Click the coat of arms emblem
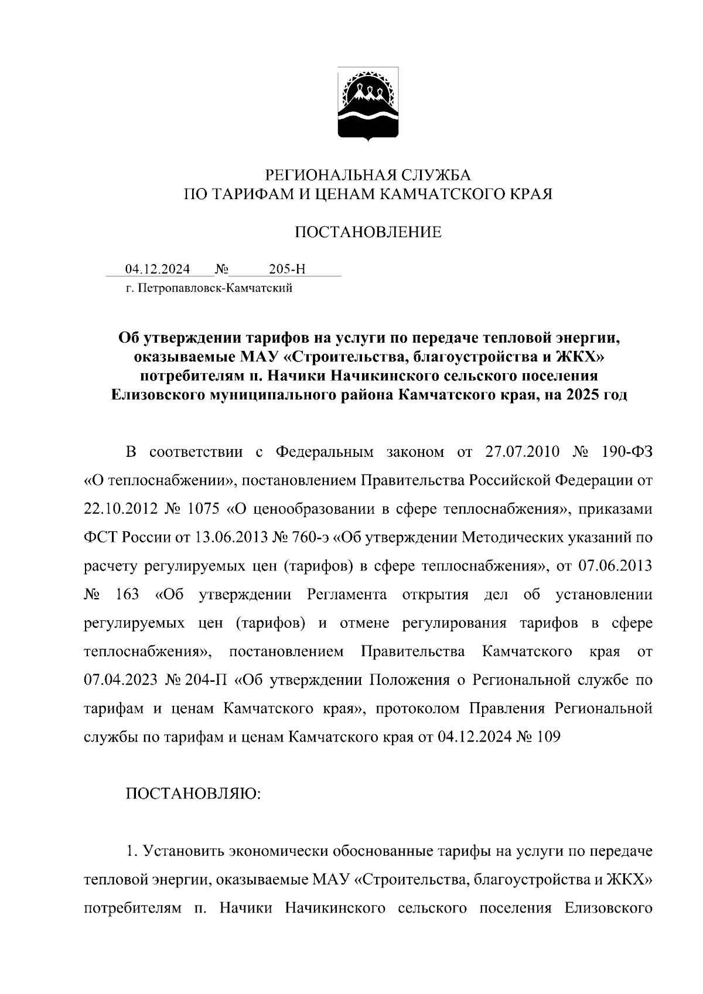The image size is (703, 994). click(x=367, y=104)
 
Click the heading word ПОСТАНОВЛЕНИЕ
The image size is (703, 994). click(x=367, y=233)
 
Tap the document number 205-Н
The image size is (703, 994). click(x=287, y=269)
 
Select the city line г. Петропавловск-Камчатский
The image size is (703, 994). click(x=209, y=288)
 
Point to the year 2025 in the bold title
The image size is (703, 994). click(x=581, y=395)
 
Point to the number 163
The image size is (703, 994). click(x=128, y=595)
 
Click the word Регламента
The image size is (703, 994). click(x=347, y=595)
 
